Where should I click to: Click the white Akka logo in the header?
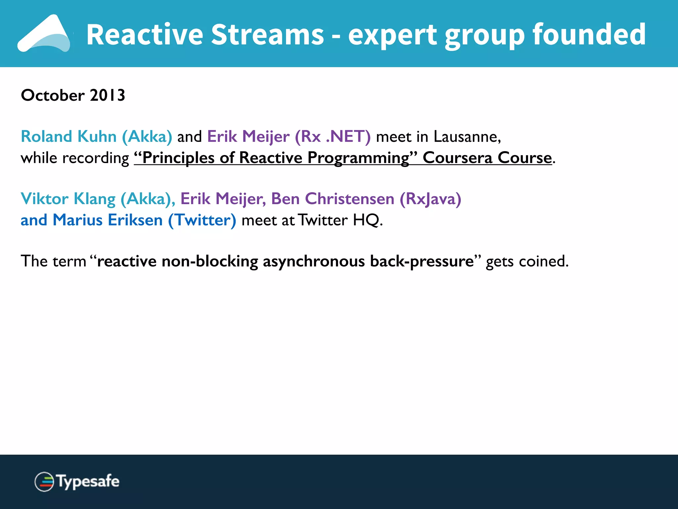[45, 34]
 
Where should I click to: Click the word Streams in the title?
[267, 35]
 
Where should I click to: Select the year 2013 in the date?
[107, 95]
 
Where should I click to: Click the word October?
[53, 95]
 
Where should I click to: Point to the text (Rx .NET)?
[332, 137]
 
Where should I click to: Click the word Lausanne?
[467, 137]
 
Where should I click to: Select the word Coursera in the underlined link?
[458, 158]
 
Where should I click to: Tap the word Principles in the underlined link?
[178, 158]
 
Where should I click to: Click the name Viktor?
[44, 199]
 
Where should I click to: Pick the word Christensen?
[349, 199]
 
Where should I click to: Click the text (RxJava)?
[430, 199]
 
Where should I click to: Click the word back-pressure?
[422, 261]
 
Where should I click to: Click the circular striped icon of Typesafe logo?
[44, 481]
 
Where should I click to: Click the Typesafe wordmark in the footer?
[88, 481]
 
